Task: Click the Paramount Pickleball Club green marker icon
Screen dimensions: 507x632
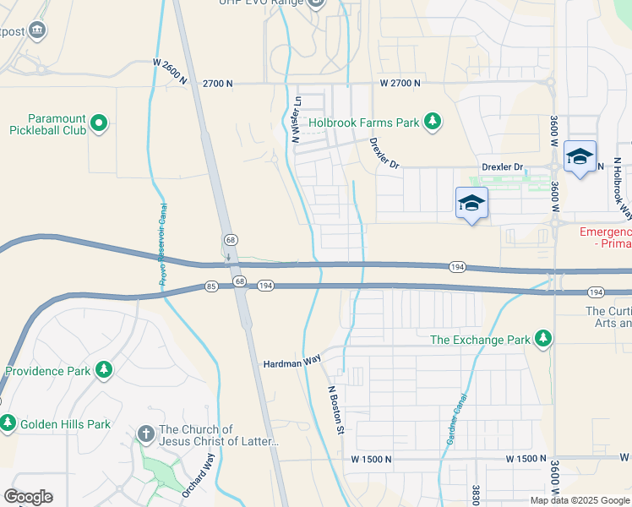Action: click(x=99, y=124)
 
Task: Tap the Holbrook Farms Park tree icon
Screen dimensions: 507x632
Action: click(x=433, y=123)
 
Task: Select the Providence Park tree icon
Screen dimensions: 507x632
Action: click(x=104, y=370)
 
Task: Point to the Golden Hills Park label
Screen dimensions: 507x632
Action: click(x=65, y=423)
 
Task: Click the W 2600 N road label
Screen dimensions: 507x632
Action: click(x=180, y=63)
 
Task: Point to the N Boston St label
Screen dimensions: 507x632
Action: click(x=336, y=411)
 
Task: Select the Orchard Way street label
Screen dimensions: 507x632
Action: click(x=198, y=475)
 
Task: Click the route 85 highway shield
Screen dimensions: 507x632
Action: click(x=210, y=287)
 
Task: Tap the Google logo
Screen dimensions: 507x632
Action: click(x=28, y=497)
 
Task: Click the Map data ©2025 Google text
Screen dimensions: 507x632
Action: click(x=580, y=500)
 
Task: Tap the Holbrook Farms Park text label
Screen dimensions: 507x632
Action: click(x=363, y=123)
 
